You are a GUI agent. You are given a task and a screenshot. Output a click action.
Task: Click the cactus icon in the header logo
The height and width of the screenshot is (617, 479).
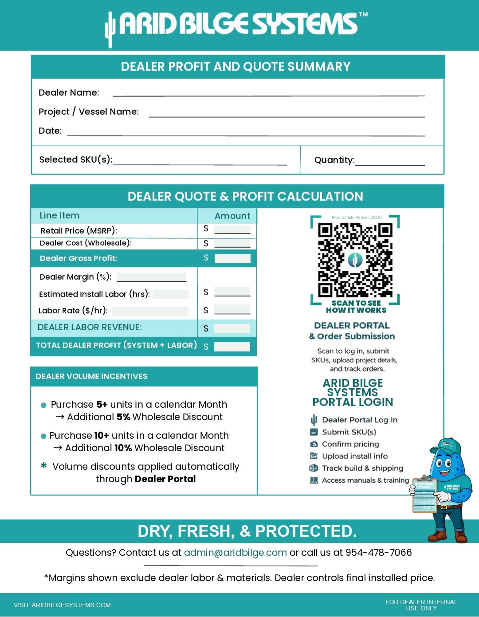click(110, 29)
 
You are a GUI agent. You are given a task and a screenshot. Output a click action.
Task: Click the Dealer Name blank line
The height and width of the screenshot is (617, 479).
click(268, 95)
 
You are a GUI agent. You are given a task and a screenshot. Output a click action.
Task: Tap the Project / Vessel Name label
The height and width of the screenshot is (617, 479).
click(89, 112)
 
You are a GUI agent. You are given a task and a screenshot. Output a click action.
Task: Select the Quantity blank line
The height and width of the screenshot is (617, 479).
click(390, 164)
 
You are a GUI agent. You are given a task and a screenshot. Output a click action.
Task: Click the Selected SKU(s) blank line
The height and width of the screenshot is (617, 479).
click(200, 164)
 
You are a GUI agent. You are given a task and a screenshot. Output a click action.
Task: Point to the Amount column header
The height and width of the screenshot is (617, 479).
click(232, 216)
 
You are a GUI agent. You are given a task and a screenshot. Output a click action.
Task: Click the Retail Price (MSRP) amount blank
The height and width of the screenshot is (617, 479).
click(232, 231)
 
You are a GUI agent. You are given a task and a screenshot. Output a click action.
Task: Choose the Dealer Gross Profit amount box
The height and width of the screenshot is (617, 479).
click(232, 258)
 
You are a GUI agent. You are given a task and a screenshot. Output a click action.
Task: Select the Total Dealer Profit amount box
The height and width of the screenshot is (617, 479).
click(232, 347)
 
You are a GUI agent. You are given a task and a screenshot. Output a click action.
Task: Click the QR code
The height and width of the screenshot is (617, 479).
click(355, 260)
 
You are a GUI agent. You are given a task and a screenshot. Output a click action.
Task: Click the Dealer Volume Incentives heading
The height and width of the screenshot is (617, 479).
click(91, 376)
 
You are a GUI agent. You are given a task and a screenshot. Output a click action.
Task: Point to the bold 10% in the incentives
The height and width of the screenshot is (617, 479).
click(123, 448)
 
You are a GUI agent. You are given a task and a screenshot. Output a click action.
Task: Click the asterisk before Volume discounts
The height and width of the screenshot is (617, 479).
click(44, 466)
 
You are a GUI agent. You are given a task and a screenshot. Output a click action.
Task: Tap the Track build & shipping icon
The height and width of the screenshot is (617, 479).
click(314, 468)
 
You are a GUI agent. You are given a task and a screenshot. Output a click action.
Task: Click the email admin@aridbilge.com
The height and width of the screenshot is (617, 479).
click(235, 553)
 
